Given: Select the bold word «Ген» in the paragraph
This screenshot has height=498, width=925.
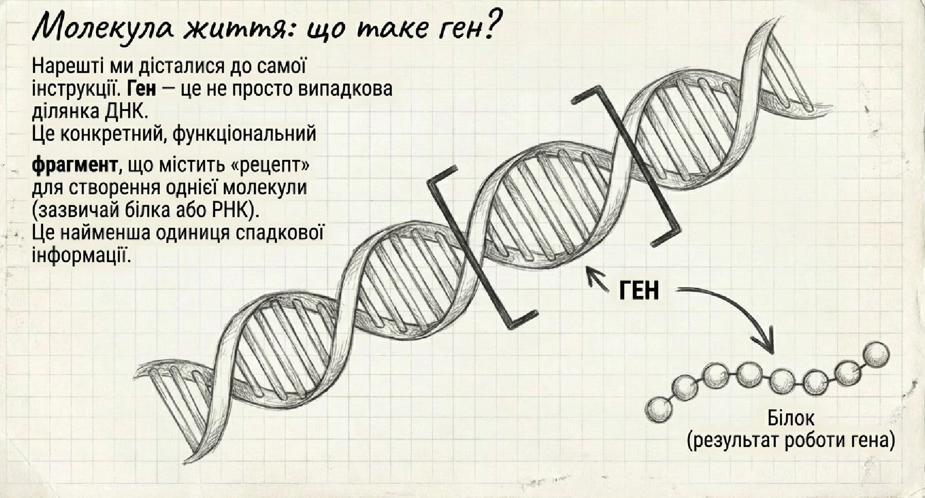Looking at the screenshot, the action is point(143,88).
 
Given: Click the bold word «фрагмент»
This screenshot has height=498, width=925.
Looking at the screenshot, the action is point(75,166).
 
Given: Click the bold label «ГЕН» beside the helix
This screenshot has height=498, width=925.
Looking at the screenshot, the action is point(639,290).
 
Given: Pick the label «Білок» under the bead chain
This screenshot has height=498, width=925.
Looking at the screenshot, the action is point(790,418).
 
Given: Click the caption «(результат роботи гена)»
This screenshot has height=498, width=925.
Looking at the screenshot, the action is point(791,441).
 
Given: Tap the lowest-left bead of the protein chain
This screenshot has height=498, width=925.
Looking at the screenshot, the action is point(659,410).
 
